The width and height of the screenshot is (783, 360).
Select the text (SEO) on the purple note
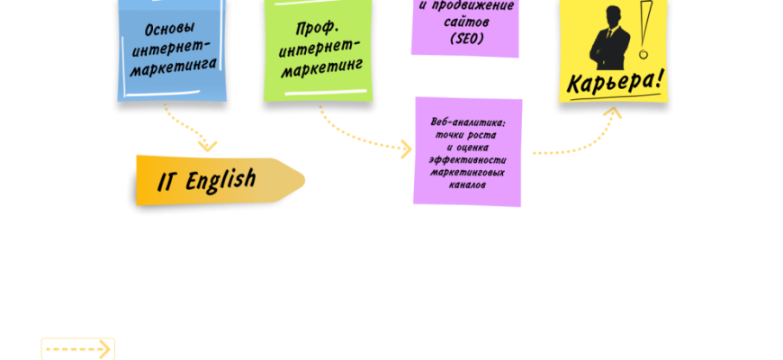coord(464,39)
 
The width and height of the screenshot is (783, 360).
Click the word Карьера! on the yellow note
coord(616,81)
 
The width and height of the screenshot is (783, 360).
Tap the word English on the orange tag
coord(220,181)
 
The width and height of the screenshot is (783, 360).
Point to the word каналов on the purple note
coord(466,184)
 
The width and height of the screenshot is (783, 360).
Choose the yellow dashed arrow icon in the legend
coord(78,348)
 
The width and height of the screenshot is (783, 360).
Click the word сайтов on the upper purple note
coord(465,22)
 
